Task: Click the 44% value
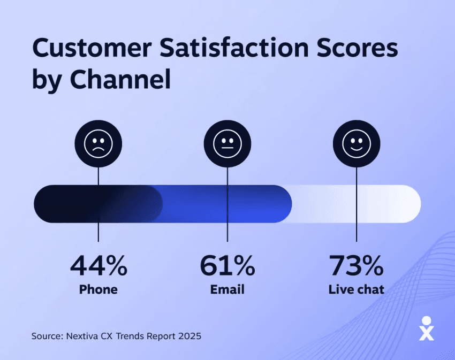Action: click(x=98, y=265)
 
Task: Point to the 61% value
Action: click(x=227, y=265)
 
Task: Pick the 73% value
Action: click(x=357, y=265)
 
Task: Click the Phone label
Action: click(x=98, y=290)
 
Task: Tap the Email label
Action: click(x=227, y=290)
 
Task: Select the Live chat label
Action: click(x=357, y=290)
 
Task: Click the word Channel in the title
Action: click(x=121, y=80)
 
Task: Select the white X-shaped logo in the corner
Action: click(x=426, y=328)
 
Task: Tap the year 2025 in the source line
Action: click(x=191, y=336)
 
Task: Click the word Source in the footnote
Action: click(x=47, y=336)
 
